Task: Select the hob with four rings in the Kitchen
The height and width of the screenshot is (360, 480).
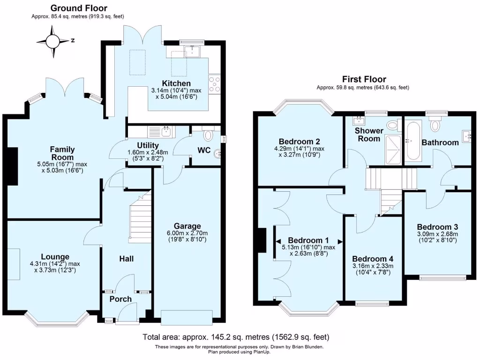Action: coord(214,84)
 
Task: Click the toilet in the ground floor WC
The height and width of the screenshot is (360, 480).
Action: coord(208,135)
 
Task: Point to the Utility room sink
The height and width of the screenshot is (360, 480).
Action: coord(166,131)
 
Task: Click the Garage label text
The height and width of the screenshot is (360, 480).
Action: coord(187,226)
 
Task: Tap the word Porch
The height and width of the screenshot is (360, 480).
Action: coord(120,299)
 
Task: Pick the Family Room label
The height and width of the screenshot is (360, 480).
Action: coord(63,154)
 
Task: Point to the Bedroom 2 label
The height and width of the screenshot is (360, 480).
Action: coord(299,142)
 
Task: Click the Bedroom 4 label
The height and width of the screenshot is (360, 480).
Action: coord(373,259)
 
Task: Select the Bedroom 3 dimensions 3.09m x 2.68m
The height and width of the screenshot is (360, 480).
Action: coord(437,234)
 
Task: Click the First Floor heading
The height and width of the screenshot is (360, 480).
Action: coord(364,79)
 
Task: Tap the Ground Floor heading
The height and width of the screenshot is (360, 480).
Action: coord(79,8)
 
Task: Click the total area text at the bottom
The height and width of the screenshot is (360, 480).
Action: coord(236,337)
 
